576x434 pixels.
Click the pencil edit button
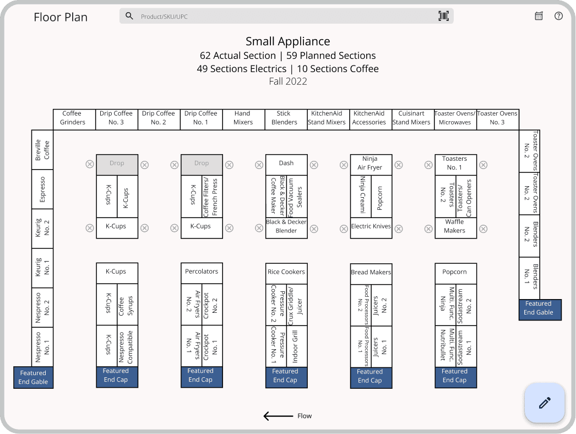point(545,403)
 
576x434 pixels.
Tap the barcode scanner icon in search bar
point(443,16)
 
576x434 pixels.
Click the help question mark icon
point(558,16)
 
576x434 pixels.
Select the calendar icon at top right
point(539,16)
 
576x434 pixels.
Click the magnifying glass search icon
point(129,16)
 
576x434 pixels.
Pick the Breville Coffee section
point(42,150)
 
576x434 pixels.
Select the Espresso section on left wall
point(42,189)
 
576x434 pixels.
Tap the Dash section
point(286,164)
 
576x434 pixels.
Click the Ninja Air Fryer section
point(371,164)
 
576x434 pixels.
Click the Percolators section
point(202,273)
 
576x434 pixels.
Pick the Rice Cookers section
point(286,273)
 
